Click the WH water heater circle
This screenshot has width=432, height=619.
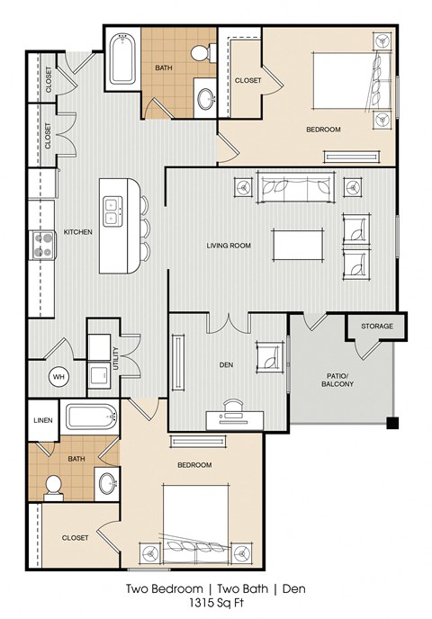pos(59,376)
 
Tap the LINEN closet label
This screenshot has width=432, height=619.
pos(43,420)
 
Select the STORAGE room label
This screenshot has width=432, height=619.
pos(376,325)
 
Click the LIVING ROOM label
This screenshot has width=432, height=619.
pos(229,245)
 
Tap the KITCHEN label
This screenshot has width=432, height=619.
pos(77,232)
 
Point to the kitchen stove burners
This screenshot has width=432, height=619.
pos(41,245)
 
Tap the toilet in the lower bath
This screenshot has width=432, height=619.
pos(53,487)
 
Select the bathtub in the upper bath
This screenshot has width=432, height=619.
pos(121,59)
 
